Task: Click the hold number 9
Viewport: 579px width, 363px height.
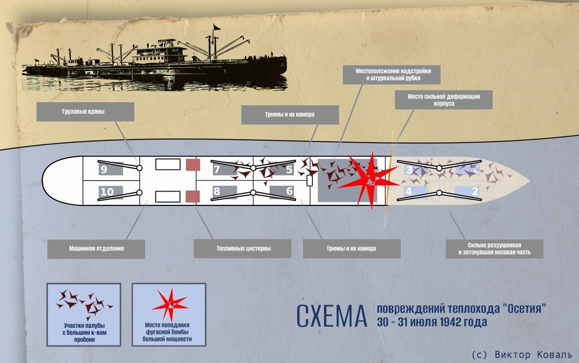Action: point(104,170)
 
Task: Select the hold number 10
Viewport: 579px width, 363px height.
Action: point(107,192)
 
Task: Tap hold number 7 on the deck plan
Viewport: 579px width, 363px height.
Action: point(217,170)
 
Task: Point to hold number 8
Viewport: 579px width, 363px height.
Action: point(217,191)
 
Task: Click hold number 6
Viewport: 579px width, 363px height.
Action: point(289,191)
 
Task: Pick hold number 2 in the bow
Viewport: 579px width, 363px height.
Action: point(475,191)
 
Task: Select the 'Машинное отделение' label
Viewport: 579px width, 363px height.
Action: point(96,249)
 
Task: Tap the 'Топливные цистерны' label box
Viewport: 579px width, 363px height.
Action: point(243,249)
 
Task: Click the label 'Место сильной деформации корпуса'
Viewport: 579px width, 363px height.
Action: point(443,100)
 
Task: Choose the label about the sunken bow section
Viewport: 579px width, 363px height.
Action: point(495,249)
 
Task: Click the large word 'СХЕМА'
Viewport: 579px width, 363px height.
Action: point(331,316)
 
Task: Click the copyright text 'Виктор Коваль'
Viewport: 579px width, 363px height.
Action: point(533,355)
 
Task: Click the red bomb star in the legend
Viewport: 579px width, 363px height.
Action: point(170,305)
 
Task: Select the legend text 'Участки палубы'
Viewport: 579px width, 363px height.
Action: point(84,325)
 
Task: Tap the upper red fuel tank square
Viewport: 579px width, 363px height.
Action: point(193,165)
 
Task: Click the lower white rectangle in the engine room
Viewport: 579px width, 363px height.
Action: point(168,197)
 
